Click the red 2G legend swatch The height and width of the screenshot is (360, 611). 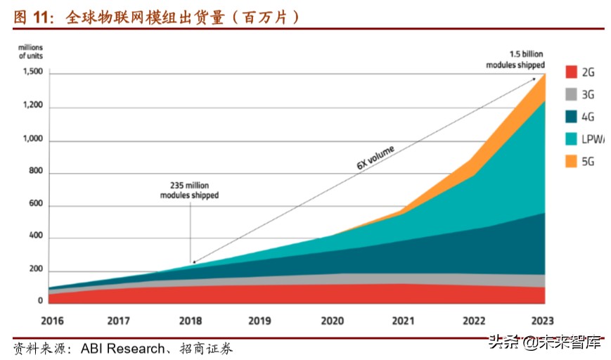pyautogui.click(x=570, y=72)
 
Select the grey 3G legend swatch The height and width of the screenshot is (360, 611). pyautogui.click(x=570, y=94)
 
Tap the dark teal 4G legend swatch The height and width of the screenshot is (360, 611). pyautogui.click(x=570, y=117)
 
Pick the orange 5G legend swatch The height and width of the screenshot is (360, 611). pyautogui.click(x=570, y=161)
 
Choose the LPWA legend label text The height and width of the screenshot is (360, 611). pyautogui.click(x=591, y=139)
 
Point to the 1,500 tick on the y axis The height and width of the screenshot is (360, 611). pyautogui.click(x=32, y=72)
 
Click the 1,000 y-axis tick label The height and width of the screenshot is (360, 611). pyautogui.click(x=32, y=140)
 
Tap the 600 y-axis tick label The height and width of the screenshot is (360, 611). pyautogui.click(x=35, y=205)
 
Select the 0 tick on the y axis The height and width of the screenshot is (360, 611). pyautogui.click(x=41, y=301)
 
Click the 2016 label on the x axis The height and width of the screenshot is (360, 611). pyautogui.click(x=53, y=321)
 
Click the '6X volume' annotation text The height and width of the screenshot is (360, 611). pyautogui.click(x=375, y=157)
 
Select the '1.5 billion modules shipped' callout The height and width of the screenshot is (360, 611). pyautogui.click(x=515, y=59)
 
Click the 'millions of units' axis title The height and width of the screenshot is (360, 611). pyautogui.click(x=31, y=51)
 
